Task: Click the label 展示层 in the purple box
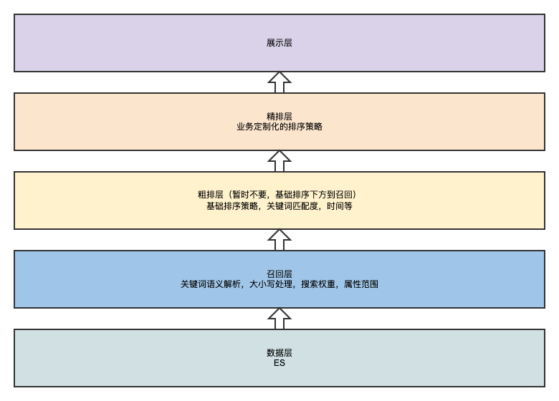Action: [279, 43]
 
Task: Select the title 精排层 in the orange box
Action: [279, 117]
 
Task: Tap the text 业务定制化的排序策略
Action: [279, 127]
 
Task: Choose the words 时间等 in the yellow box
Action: [340, 206]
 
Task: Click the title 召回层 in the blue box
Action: [279, 274]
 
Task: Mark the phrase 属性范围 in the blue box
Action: [361, 284]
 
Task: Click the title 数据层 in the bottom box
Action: [279, 353]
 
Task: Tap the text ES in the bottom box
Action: [279, 363]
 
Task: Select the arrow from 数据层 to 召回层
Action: [279, 319]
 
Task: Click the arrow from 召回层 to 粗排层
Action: [279, 240]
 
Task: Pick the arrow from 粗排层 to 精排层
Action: [279, 161]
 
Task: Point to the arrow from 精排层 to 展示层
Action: [279, 82]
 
